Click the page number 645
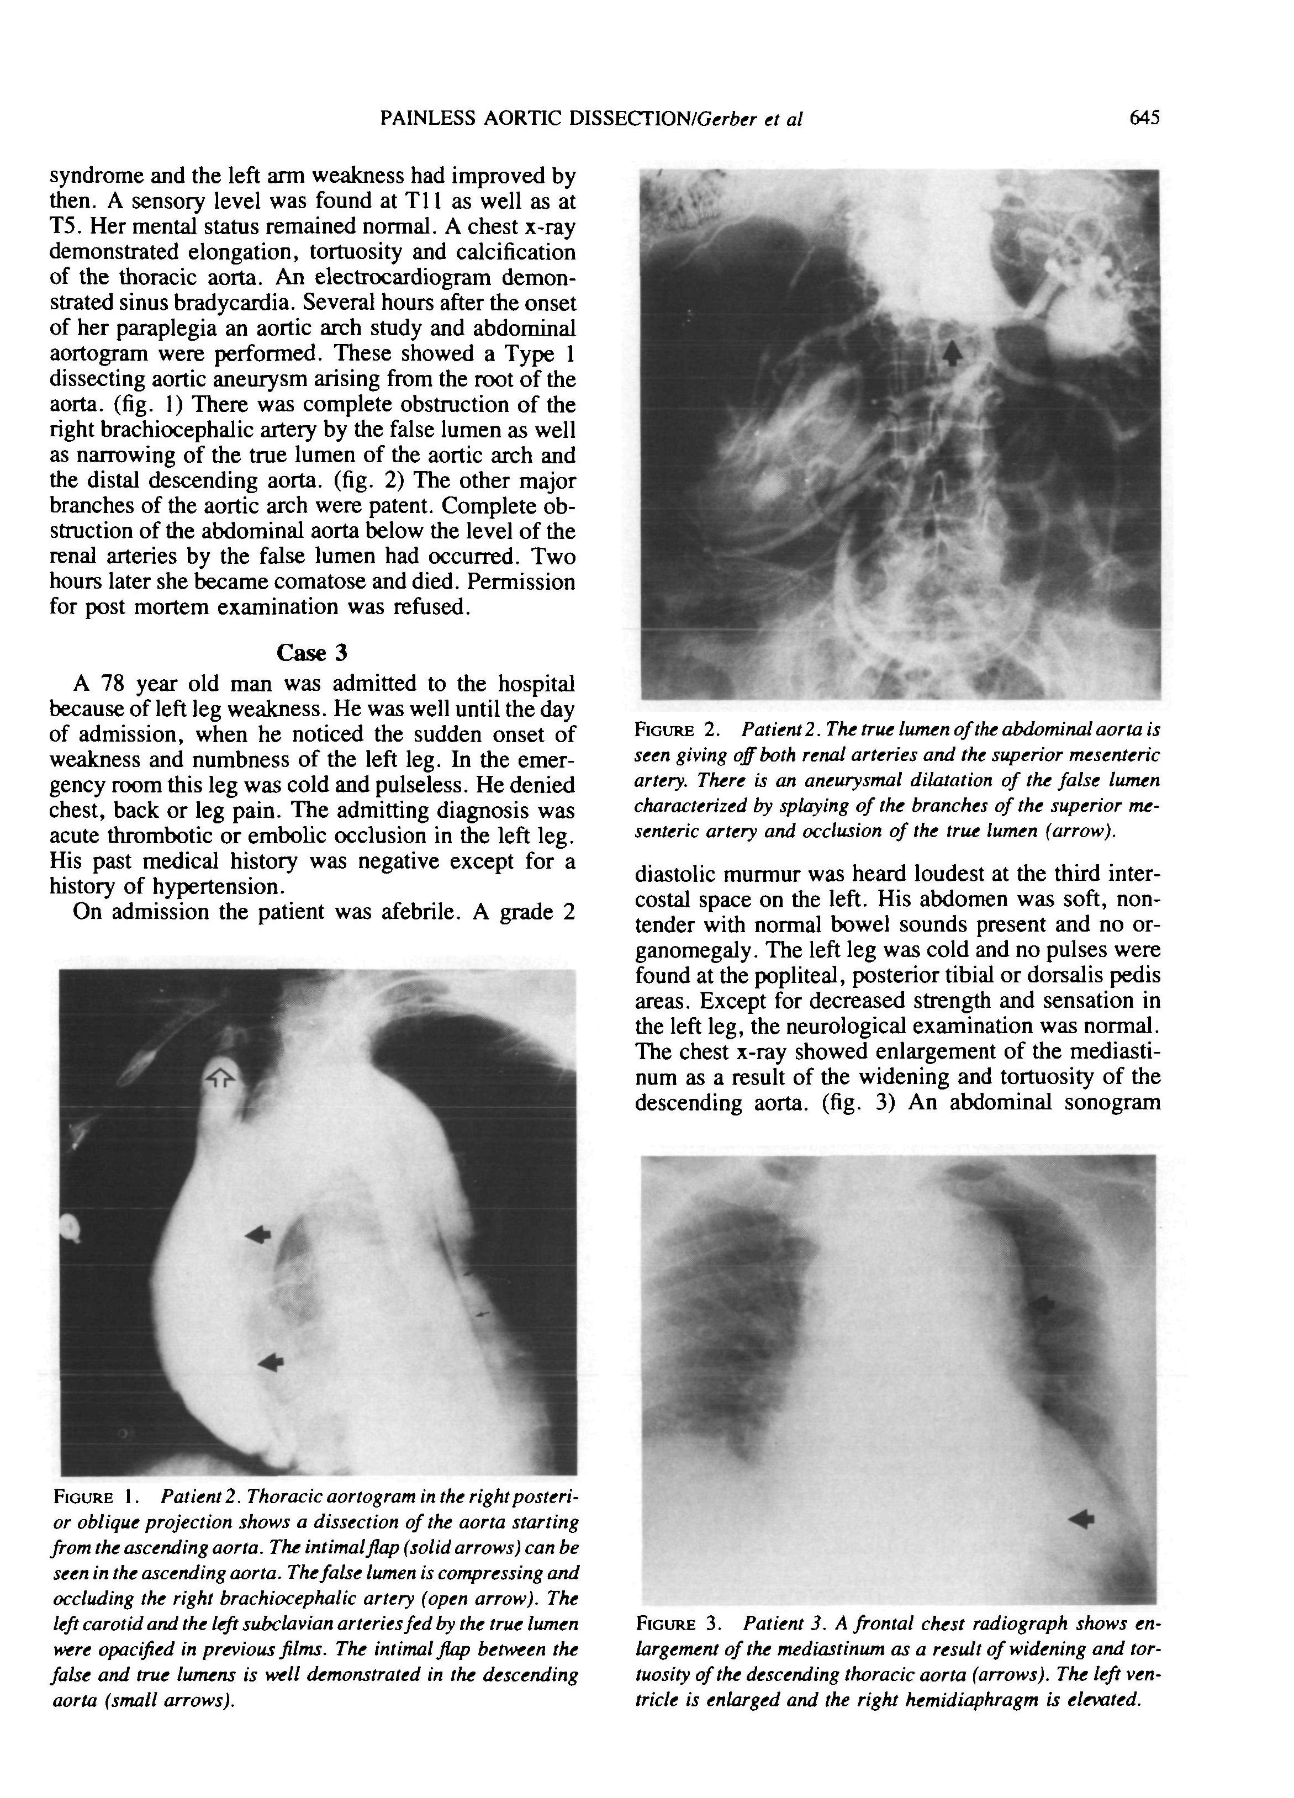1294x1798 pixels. coord(1144,118)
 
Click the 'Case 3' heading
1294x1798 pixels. coord(311,653)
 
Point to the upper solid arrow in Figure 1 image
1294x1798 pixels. coord(258,1234)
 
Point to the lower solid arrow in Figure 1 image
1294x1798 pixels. coord(271,1361)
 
